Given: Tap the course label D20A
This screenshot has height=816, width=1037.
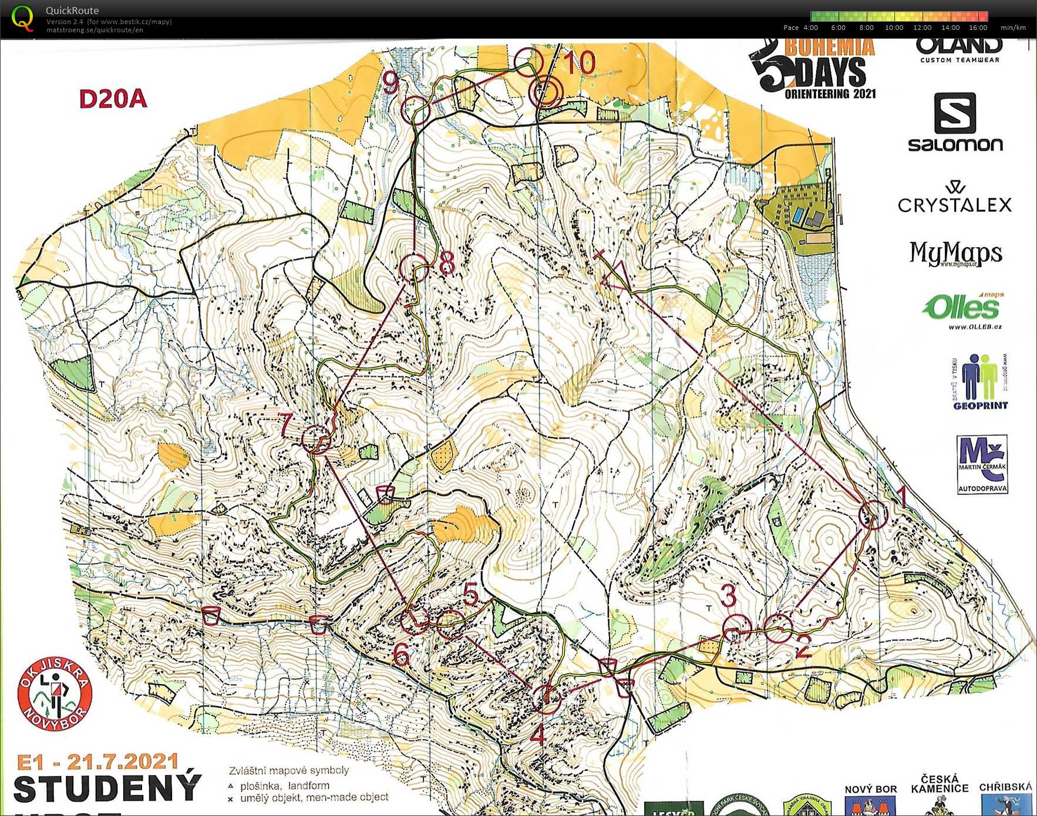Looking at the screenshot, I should (113, 99).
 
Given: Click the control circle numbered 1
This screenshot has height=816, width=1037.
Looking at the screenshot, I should (873, 515).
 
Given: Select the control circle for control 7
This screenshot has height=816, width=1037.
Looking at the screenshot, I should (316, 439).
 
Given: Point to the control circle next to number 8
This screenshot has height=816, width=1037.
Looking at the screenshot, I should (414, 268).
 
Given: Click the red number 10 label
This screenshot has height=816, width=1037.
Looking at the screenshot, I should (580, 62).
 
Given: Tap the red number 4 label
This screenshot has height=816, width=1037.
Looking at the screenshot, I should (538, 734).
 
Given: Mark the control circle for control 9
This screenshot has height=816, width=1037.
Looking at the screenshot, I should (416, 109).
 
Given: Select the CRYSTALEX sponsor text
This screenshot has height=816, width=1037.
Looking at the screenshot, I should (955, 204).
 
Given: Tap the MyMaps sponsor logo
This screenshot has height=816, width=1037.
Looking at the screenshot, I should (955, 254).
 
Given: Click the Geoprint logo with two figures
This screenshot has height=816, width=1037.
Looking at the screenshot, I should (979, 381).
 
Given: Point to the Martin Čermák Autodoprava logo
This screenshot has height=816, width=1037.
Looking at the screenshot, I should (982, 464).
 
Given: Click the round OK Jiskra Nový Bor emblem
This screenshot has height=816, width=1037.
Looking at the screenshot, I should (55, 693).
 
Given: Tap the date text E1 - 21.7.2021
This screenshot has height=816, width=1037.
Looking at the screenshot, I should (97, 762).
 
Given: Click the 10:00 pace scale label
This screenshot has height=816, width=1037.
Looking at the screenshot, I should (894, 28).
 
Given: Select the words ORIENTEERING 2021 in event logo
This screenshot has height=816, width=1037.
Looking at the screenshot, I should (830, 94).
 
